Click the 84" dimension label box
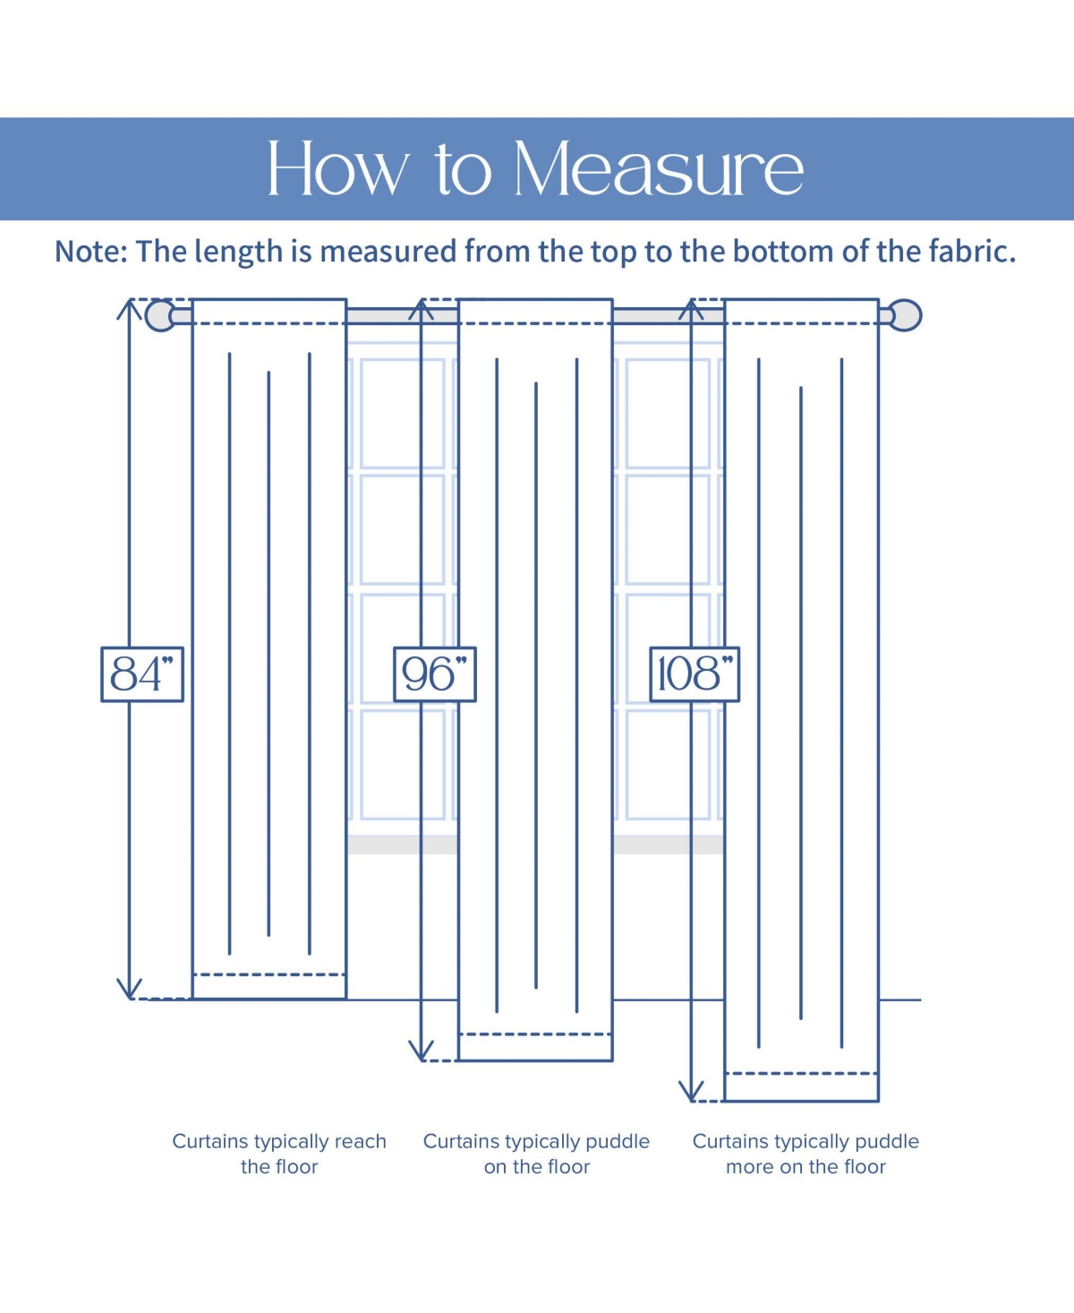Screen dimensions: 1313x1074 [x=142, y=674]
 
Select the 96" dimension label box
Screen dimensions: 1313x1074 [x=435, y=674]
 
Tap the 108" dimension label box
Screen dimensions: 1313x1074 [x=695, y=674]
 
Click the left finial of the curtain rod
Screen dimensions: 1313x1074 [x=160, y=315]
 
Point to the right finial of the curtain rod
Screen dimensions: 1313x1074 [x=907, y=315]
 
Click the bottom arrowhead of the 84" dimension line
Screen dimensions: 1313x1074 [x=130, y=989]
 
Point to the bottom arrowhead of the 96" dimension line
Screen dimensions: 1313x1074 [x=421, y=1051]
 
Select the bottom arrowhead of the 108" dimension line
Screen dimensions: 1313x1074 [x=691, y=1092]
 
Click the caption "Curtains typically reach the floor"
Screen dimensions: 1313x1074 [x=279, y=1154]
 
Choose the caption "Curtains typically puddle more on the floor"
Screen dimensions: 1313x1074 [x=805, y=1154]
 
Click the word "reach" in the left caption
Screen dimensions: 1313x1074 [x=359, y=1142]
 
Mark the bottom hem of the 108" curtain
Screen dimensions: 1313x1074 [x=801, y=1086]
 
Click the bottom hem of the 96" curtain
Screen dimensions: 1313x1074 [x=535, y=1047]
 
